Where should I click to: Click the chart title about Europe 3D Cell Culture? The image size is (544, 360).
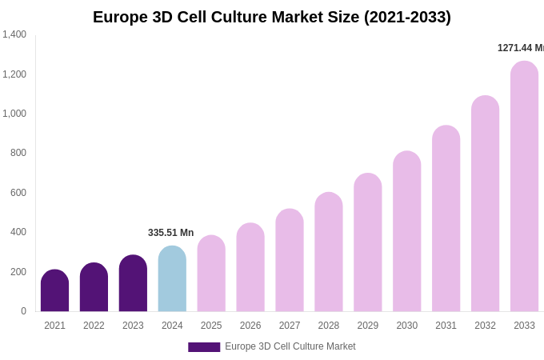pos(272,17)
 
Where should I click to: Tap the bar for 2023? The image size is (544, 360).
pos(133,284)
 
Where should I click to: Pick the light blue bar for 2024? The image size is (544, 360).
pos(172,279)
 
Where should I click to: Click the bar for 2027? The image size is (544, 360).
pos(290,261)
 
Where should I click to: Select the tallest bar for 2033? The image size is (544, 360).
pos(524,187)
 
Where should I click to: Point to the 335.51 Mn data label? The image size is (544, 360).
pos(170,233)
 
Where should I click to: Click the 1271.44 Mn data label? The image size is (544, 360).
pos(520,48)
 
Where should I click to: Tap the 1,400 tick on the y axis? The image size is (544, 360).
pos(14,34)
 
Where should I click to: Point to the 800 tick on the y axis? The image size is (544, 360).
pos(18,153)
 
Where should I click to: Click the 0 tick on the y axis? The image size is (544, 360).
pos(23,311)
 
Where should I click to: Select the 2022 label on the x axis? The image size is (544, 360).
pos(94,326)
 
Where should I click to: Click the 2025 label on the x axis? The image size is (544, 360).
pos(211,326)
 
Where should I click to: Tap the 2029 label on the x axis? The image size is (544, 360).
pos(368,326)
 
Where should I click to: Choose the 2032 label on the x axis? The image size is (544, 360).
pos(485,326)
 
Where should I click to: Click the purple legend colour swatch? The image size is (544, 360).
pos(204,347)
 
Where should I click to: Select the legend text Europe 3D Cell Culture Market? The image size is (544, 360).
pos(290,346)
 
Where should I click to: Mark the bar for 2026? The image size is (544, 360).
pos(250,268)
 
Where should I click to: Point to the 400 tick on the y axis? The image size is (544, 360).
pos(18,232)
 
